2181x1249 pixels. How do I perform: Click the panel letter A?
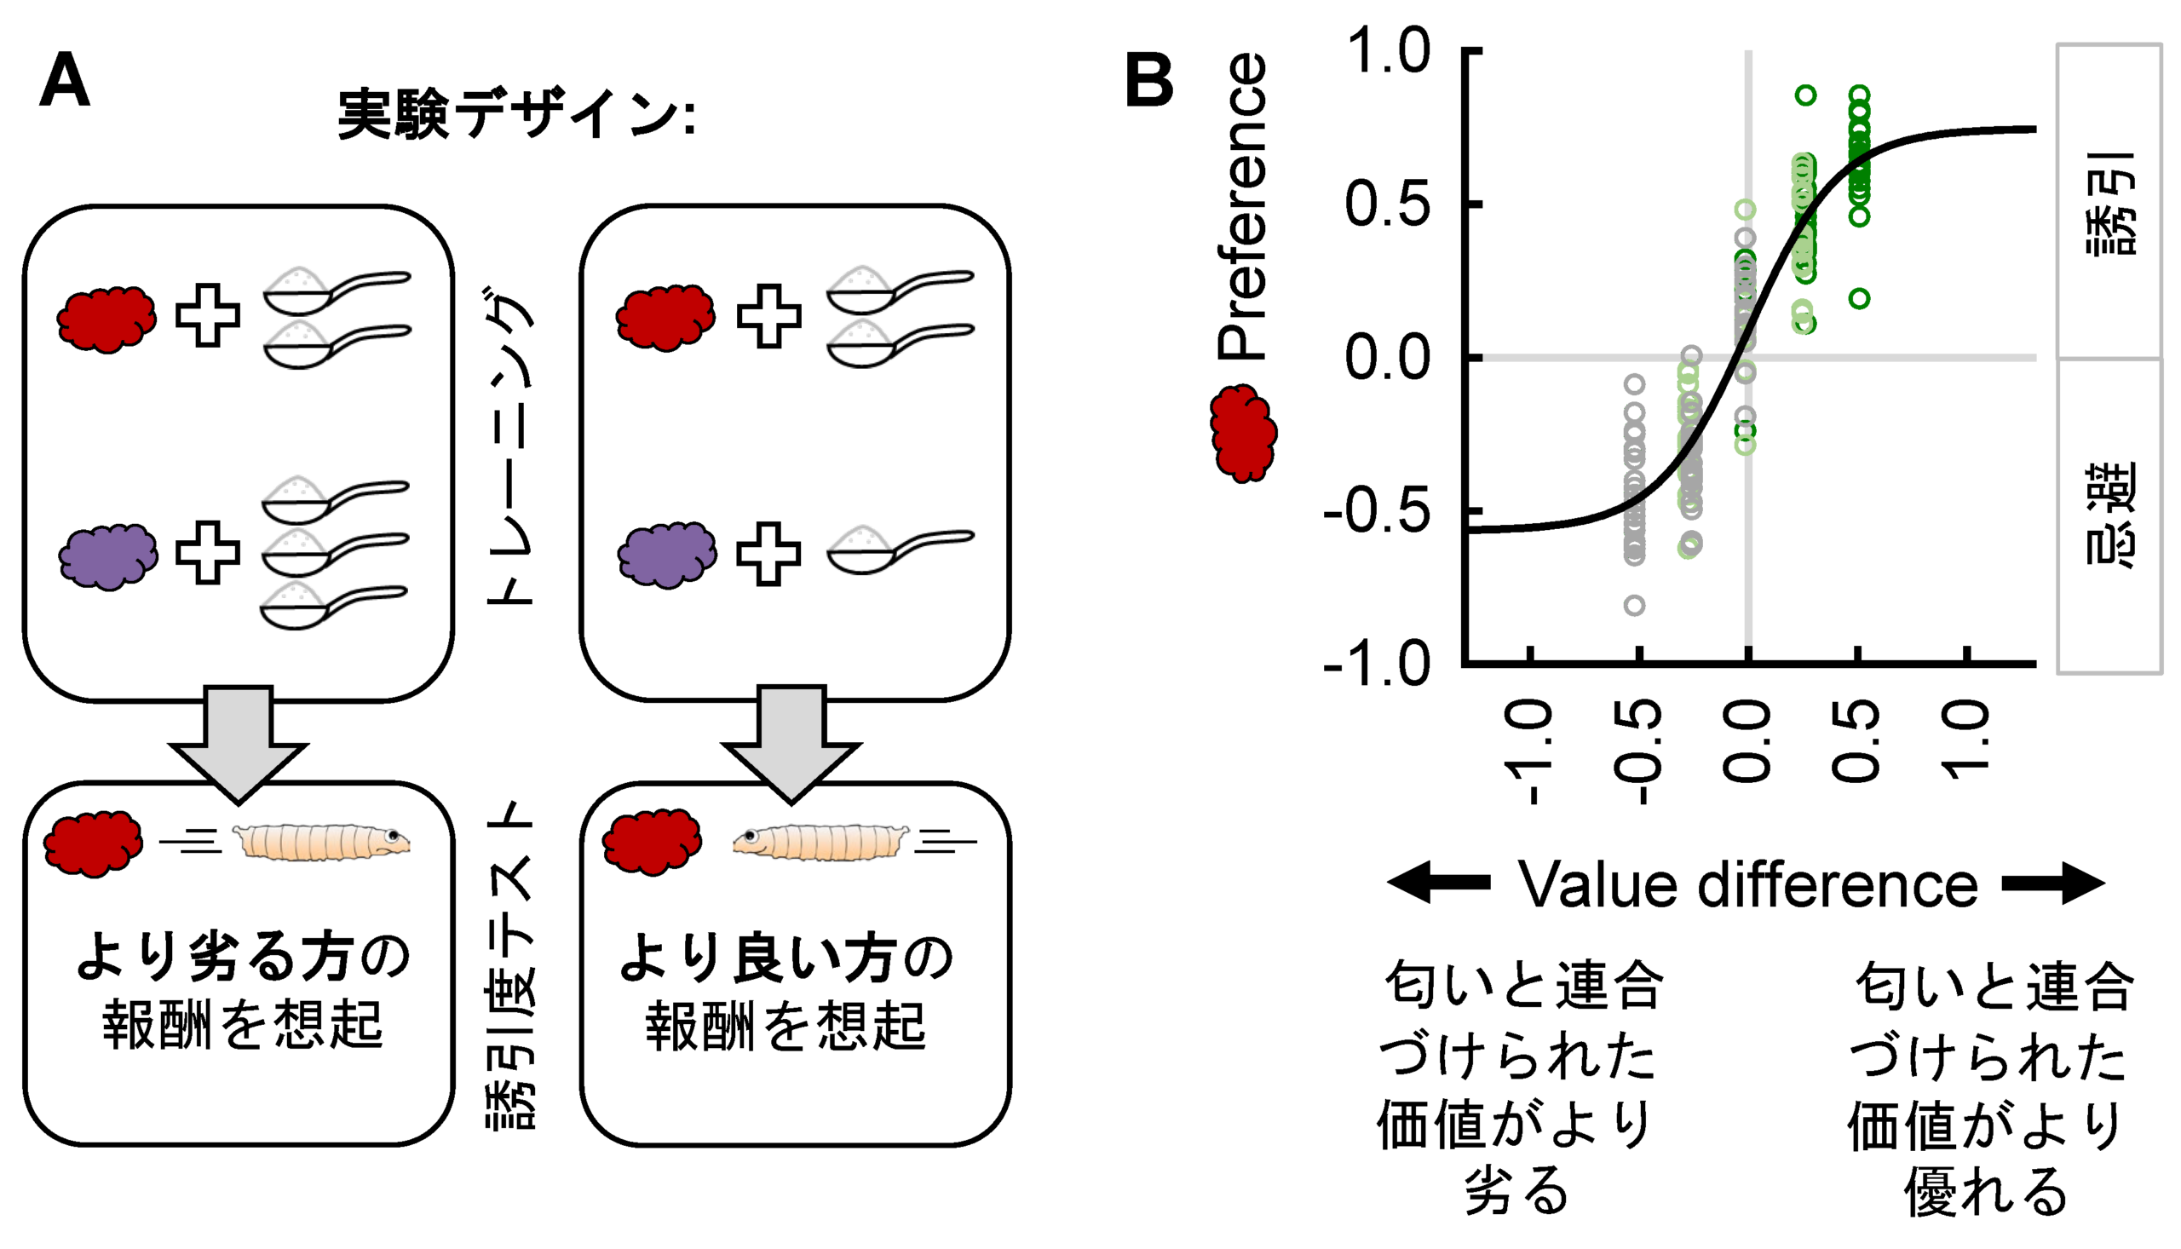coord(65,81)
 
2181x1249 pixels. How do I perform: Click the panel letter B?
coord(1148,81)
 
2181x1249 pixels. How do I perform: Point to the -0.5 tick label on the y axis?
coord(1378,512)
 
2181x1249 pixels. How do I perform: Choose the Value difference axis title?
coord(1748,884)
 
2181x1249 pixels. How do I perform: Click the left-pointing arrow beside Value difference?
coord(1439,884)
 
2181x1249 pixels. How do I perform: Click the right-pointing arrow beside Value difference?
coord(2053,884)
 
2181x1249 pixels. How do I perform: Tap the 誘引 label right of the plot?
coord(2109,204)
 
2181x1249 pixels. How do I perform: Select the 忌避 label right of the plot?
coord(2109,515)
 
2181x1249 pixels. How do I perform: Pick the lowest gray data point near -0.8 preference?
coord(1634,606)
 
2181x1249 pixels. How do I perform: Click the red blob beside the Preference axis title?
coord(1243,433)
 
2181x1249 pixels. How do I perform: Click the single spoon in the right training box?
coord(899,550)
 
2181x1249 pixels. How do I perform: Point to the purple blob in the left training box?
coord(108,555)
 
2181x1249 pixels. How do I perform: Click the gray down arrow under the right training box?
coord(791,742)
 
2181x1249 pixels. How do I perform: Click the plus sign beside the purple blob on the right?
coord(768,553)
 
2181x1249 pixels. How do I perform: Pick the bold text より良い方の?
coord(786,958)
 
